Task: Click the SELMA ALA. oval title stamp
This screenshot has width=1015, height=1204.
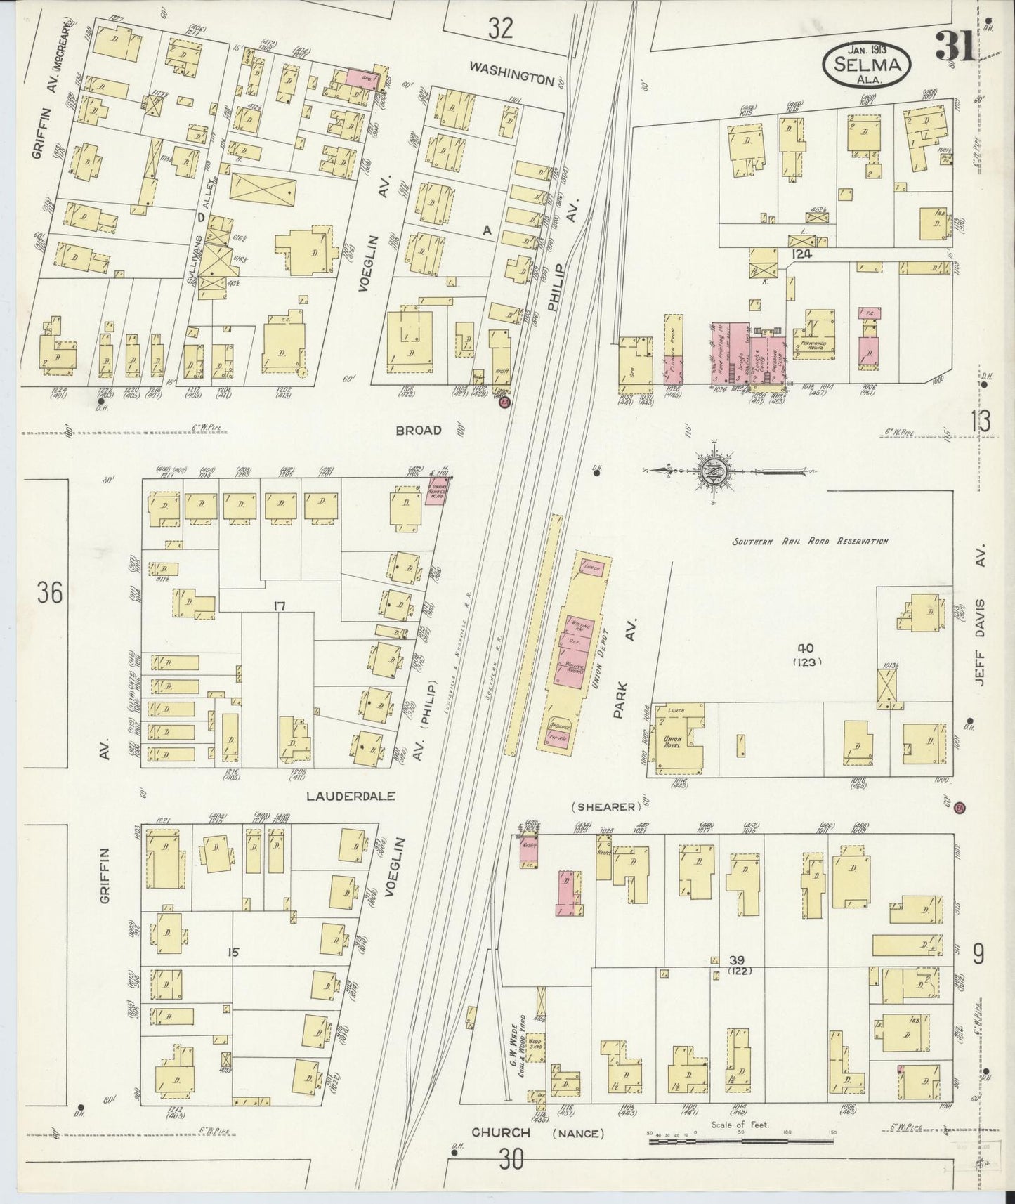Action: [868, 63]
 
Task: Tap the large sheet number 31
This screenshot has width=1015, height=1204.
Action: [954, 48]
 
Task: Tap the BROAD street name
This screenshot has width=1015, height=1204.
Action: [419, 430]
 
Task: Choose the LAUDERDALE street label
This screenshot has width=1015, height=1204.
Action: [351, 797]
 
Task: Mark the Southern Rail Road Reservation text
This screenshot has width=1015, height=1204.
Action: [810, 541]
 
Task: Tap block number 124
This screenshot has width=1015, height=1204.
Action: [800, 254]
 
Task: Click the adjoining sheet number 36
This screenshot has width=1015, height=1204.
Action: [50, 594]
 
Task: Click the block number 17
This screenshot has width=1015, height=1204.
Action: [280, 606]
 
